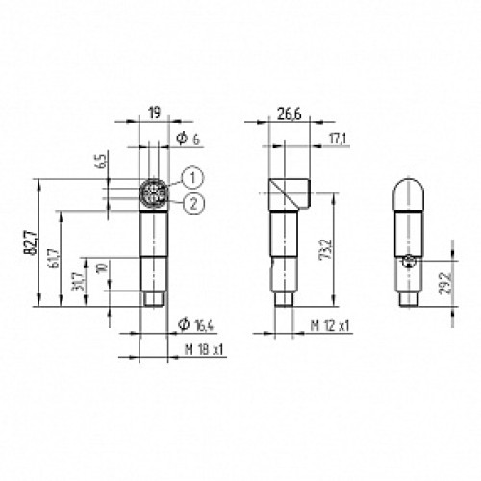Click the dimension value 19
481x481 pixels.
(154, 112)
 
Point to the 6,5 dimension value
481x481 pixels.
(100, 162)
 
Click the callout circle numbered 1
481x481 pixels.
(193, 176)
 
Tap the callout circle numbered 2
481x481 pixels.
(193, 202)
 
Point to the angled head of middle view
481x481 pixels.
(288, 192)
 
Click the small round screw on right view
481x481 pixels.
(408, 262)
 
